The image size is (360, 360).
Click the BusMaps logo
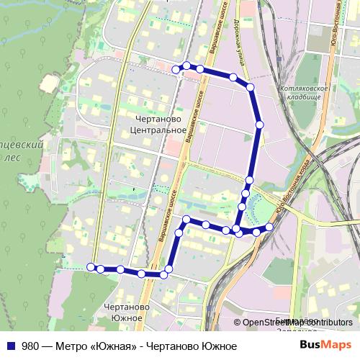point(325,346)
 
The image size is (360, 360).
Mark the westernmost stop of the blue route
point(91,267)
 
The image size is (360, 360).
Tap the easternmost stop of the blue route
point(270,228)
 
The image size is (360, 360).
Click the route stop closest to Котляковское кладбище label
point(251,87)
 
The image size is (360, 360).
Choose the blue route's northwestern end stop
point(176,69)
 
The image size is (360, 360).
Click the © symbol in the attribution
point(237,323)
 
